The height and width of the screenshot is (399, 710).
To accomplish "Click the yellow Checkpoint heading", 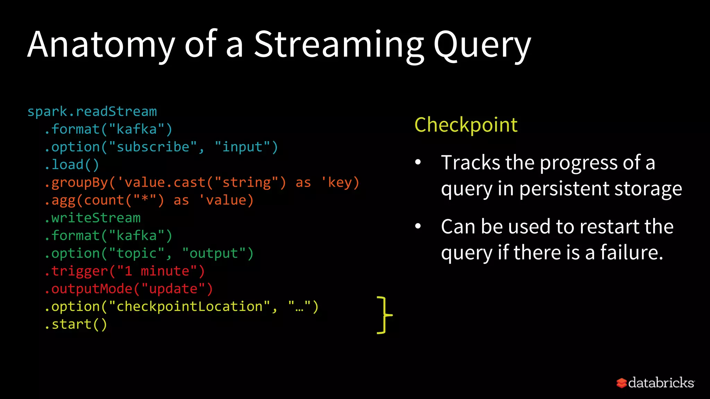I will (x=466, y=125).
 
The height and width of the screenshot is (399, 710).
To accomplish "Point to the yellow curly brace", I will (x=384, y=315).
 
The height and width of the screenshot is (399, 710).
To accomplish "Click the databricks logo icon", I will (x=621, y=383).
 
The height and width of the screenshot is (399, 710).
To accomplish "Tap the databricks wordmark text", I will (x=661, y=383).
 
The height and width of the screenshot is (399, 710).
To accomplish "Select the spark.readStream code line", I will (x=92, y=112).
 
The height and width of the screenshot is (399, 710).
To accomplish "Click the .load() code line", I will (x=72, y=165).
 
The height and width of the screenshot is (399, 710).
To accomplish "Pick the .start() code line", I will (x=76, y=324).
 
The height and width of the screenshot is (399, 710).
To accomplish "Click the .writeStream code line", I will (x=93, y=218).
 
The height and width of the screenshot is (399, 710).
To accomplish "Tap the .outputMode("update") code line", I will (x=129, y=289).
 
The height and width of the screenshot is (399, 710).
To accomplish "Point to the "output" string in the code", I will (x=214, y=253).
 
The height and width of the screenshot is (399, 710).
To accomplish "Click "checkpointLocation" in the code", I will (x=189, y=307).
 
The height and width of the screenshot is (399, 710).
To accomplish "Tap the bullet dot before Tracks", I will (x=418, y=162).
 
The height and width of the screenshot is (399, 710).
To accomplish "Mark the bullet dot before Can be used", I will (x=418, y=226).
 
